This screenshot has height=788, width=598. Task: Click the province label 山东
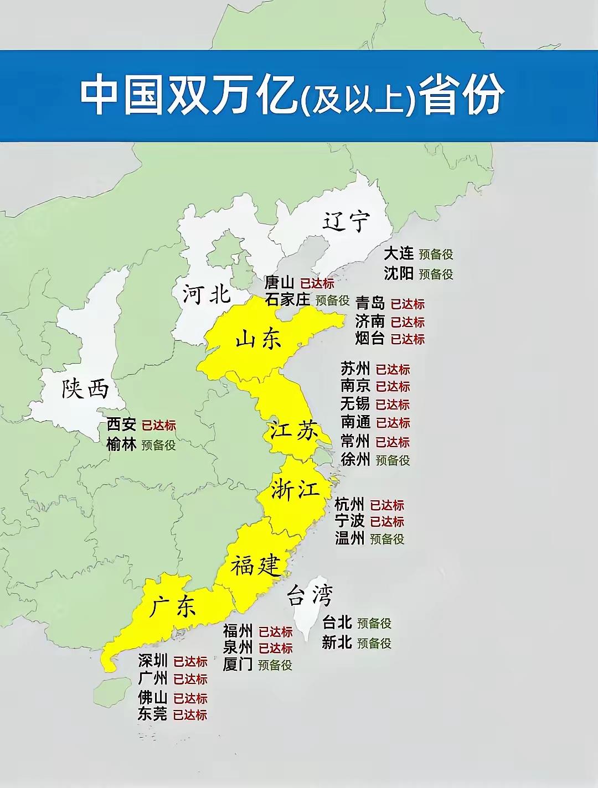259,339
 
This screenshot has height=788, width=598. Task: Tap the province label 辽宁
346,221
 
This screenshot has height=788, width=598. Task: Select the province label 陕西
85,390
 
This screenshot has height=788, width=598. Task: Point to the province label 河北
207,294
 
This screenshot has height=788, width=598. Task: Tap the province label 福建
256,566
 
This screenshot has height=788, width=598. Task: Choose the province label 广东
173,608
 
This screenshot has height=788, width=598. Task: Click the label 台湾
310,596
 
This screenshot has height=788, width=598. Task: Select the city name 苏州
355,369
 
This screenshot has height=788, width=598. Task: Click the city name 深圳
153,661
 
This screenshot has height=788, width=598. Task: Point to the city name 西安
121,424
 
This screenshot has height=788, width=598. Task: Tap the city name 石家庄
287,299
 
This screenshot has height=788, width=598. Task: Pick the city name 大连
399,253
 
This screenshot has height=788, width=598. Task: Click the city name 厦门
238,664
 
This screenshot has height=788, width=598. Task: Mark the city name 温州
349,538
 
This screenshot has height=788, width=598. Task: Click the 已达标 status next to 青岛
408,304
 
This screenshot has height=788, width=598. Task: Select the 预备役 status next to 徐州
393,460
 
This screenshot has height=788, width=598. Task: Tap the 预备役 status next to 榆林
158,445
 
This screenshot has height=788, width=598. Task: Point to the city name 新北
337,642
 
